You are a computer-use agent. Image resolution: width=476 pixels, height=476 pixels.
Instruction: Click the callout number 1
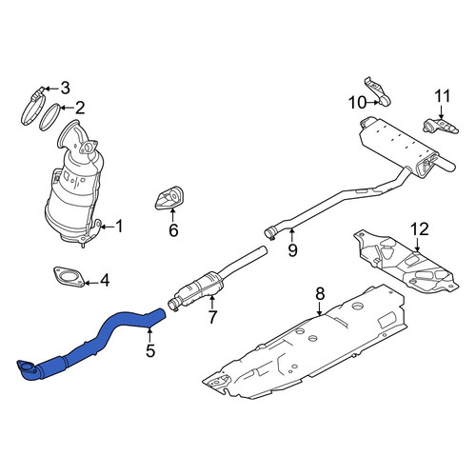pos(119,227)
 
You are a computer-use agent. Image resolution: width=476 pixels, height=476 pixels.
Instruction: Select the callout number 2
pos(80,108)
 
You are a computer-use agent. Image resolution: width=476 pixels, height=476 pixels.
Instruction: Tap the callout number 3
pos(65,88)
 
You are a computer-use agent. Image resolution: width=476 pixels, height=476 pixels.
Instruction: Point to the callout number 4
pos(105,281)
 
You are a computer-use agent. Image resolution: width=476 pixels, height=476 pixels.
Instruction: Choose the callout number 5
pos(150,350)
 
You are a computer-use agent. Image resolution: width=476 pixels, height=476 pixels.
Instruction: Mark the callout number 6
pos(173,230)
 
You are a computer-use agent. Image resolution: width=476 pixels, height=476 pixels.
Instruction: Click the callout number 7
pos(212,316)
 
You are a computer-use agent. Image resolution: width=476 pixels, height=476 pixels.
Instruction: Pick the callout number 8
pos(320,294)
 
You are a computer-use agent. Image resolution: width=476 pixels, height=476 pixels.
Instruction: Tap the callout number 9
pos(292,249)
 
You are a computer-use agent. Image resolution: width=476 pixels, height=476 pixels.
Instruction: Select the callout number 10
pos(358,103)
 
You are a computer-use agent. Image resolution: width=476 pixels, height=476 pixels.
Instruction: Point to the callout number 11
pos(442,96)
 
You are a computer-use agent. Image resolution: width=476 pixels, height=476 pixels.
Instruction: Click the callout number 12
pos(420,229)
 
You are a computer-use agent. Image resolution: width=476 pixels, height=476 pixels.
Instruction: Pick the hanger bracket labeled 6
pos(169,199)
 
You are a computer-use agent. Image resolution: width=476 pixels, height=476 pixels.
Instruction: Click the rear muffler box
pos(398,146)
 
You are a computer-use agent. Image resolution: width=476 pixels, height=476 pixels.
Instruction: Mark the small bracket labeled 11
pos(441,126)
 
